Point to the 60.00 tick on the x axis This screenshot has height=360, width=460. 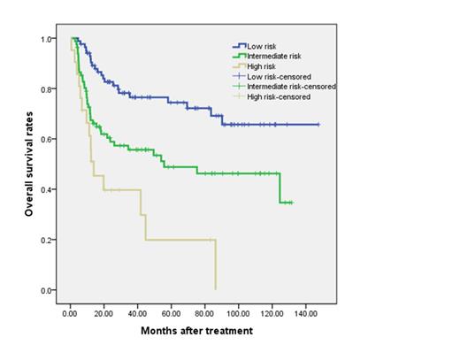tap(172, 312)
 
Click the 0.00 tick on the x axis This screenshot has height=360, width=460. tap(72, 312)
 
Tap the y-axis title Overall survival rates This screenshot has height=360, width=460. tap(28, 165)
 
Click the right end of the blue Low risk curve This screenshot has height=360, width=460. tap(318, 125)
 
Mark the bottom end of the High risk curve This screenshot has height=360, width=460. tap(215, 288)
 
